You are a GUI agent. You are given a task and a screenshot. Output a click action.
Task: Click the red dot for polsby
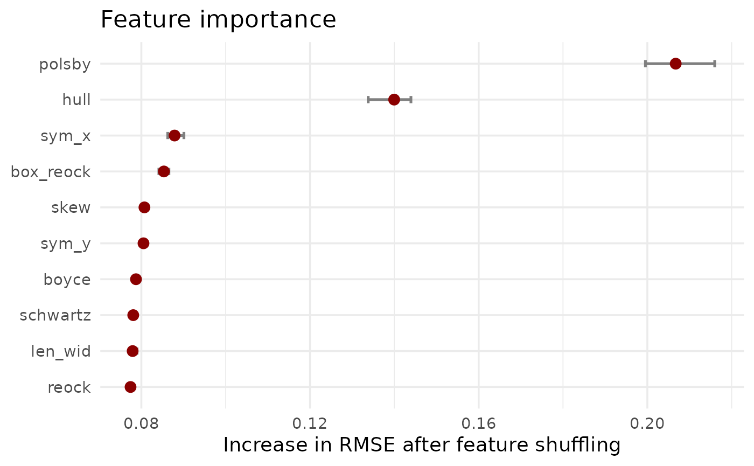pyautogui.click(x=675, y=64)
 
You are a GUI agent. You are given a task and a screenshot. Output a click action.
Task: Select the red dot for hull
pyautogui.click(x=394, y=100)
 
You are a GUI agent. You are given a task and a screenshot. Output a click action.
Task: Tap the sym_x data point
pyautogui.click(x=174, y=136)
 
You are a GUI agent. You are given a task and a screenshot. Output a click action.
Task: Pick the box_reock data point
pyautogui.click(x=164, y=171)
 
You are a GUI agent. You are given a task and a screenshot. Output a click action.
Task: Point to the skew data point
pyautogui.click(x=144, y=207)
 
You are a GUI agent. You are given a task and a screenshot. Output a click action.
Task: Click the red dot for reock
pyautogui.click(x=130, y=387)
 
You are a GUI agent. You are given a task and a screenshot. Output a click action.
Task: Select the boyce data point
pyautogui.click(x=136, y=279)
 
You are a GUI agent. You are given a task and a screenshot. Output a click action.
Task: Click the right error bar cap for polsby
pyautogui.click(x=715, y=64)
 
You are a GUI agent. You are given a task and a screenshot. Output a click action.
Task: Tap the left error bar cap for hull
pyautogui.click(x=368, y=100)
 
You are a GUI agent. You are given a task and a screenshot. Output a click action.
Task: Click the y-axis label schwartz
pyautogui.click(x=55, y=316)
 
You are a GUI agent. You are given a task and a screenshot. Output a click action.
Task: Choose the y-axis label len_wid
pyautogui.click(x=61, y=351)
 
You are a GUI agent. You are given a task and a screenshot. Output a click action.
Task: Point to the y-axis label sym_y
pyautogui.click(x=66, y=244)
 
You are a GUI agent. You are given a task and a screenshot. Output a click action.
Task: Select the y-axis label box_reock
pyautogui.click(x=51, y=172)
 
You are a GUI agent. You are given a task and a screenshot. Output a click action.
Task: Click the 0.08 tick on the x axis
pyautogui.click(x=141, y=423)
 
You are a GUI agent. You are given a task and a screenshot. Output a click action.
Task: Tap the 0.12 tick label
pyautogui.click(x=310, y=423)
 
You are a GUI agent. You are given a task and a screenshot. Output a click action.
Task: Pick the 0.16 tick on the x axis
pyautogui.click(x=478, y=423)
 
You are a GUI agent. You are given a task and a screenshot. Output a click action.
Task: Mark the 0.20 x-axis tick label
pyautogui.click(x=647, y=423)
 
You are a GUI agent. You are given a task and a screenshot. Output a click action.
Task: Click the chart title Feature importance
pyautogui.click(x=218, y=19)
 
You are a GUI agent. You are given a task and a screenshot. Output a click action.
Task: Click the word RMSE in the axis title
pyautogui.click(x=367, y=445)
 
